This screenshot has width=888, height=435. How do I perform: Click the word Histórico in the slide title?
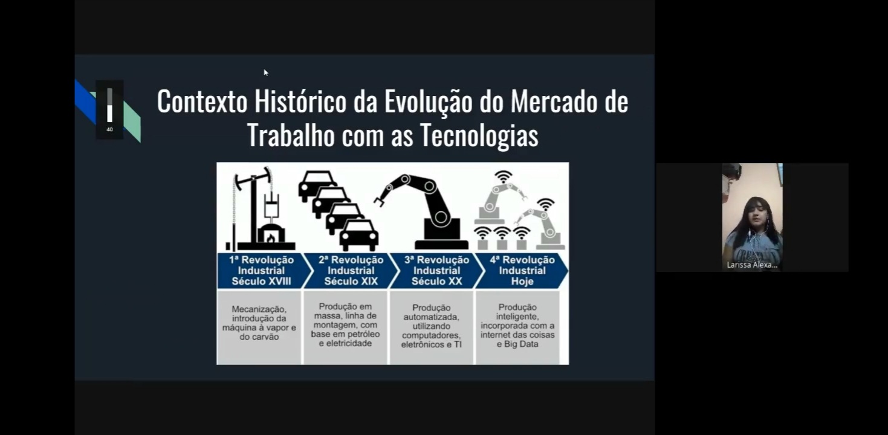point(300,102)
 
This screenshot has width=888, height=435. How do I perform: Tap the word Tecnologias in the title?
point(479,135)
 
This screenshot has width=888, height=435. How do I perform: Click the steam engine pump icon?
point(260,208)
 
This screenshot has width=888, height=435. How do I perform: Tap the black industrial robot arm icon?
point(422,212)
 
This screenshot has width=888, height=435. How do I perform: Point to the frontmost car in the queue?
point(359,236)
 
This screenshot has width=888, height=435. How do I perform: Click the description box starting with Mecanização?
point(259,327)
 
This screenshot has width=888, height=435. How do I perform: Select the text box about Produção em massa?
point(345,327)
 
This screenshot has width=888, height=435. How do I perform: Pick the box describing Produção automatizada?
point(432,327)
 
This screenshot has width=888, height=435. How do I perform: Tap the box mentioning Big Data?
point(517,327)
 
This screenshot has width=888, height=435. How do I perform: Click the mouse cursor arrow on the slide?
point(265,72)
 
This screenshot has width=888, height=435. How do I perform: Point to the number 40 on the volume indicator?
point(109,129)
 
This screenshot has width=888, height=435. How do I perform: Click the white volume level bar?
point(109,114)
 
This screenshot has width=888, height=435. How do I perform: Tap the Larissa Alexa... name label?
point(752,265)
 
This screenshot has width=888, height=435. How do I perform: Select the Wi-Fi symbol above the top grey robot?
point(504,176)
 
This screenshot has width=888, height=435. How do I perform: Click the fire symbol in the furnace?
point(271,237)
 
